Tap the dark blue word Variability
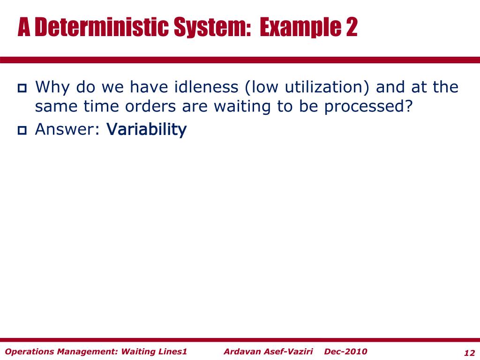coord(147,130)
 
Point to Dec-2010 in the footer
coord(345,352)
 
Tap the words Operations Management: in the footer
coord(61,352)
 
